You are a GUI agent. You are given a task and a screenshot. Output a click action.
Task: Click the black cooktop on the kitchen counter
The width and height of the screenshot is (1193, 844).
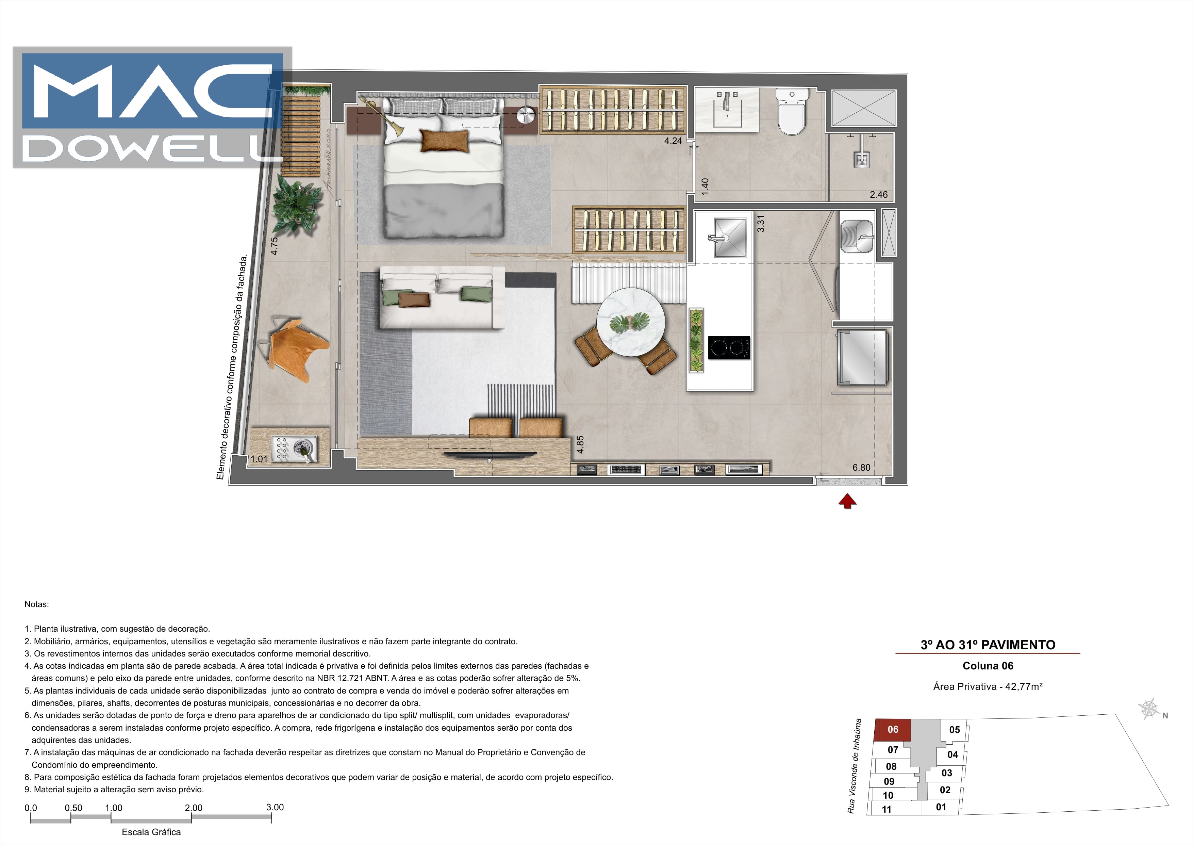[729, 348]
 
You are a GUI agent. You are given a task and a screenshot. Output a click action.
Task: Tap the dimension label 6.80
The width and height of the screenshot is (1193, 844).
[861, 467]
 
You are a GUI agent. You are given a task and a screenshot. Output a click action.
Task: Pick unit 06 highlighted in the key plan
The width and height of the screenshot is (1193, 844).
[893, 729]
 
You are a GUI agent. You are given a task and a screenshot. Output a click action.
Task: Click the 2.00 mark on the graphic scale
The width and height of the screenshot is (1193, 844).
[193, 808]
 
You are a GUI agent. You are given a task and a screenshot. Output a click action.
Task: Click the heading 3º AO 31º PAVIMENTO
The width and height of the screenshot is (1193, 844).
[988, 645]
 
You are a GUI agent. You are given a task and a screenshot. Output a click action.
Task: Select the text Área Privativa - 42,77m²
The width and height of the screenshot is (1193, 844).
[988, 686]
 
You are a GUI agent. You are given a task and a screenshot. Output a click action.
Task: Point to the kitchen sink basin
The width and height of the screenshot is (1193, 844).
[730, 238]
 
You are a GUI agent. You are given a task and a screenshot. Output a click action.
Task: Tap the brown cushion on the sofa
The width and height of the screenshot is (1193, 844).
[414, 300]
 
